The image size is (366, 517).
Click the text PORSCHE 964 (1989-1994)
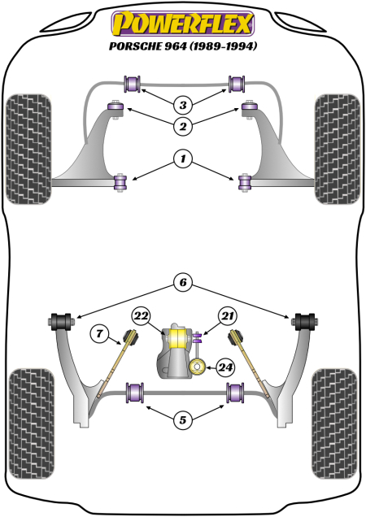tap(183, 46)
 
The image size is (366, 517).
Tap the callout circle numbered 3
tap(183, 105)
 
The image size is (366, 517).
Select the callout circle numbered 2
tap(183, 126)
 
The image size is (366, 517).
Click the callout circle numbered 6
tap(183, 283)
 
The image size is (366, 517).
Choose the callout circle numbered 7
tap(100, 331)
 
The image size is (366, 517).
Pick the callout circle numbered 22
tap(141, 316)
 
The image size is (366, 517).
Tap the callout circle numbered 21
tap(225, 316)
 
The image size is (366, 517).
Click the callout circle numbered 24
tap(225, 367)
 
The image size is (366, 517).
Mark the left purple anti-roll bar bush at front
tap(133, 83)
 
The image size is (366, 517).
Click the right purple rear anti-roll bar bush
tap(236, 394)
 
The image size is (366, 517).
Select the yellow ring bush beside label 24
tap(198, 367)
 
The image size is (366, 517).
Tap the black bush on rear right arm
tap(305, 320)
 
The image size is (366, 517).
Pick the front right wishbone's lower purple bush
tap(243, 183)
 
